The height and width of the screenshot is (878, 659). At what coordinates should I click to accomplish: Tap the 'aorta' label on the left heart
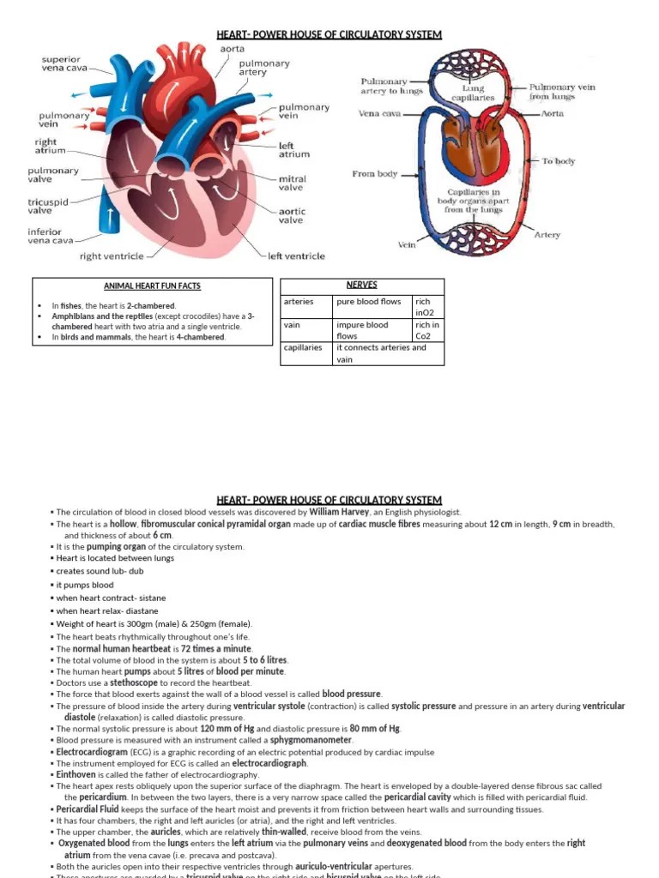(233, 49)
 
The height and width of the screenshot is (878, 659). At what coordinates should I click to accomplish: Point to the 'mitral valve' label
(291, 183)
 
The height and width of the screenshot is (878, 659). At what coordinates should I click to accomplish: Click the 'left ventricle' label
(296, 256)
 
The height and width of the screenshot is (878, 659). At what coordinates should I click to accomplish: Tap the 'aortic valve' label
(291, 215)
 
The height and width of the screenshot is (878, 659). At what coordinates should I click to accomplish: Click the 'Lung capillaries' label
(473, 93)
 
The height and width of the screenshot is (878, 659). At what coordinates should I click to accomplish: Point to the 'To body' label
(558, 161)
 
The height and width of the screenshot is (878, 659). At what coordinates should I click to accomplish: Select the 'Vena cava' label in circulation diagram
(378, 113)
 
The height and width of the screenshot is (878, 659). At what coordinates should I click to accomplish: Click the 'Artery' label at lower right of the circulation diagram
(547, 234)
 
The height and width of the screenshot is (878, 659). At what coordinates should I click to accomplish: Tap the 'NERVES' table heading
(362, 285)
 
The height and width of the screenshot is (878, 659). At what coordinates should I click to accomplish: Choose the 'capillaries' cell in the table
(303, 348)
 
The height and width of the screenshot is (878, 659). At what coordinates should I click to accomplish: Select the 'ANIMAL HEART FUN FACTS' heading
(152, 286)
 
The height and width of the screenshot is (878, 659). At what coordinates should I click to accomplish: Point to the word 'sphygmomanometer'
(311, 740)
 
